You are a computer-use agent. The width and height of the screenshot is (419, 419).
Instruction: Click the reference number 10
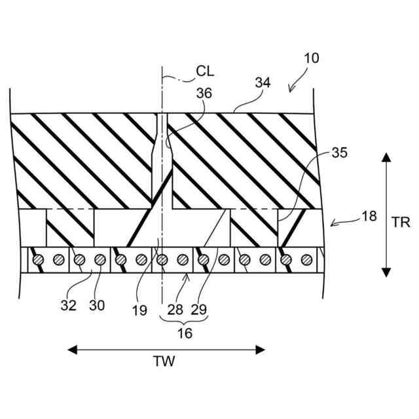312,58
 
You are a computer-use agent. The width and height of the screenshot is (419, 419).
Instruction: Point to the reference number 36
204,93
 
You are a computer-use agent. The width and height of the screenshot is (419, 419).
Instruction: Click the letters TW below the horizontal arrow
166,361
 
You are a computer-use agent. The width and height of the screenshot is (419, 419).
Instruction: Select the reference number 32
69,304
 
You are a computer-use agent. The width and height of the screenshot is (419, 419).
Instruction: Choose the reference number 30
97,304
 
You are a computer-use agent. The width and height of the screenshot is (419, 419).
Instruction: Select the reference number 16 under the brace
185,333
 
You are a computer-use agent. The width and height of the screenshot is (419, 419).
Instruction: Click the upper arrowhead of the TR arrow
386,157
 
